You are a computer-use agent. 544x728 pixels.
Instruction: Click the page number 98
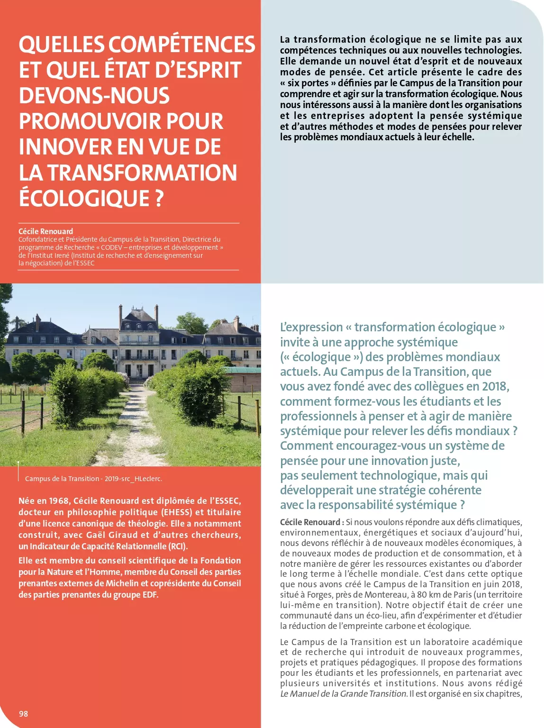tap(23, 714)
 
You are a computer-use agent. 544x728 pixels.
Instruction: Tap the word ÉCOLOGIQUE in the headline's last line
tap(84, 198)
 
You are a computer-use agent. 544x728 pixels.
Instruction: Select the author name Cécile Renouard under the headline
tap(45, 231)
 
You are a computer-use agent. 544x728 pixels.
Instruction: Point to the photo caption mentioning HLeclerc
tap(93, 479)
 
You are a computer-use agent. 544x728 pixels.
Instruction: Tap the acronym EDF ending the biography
tap(149, 595)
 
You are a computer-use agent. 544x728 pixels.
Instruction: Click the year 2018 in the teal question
tap(494, 387)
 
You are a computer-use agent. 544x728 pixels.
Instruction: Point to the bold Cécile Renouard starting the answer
tap(310, 522)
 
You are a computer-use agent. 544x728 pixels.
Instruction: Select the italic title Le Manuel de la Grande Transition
tap(344, 694)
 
